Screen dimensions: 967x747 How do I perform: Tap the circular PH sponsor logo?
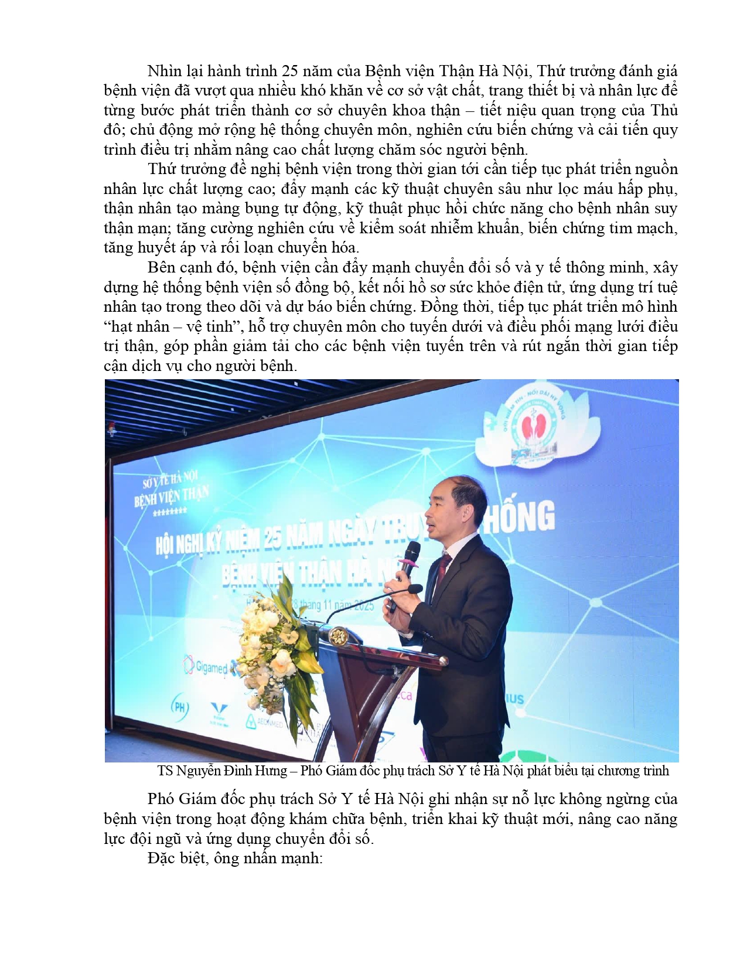(x=180, y=707)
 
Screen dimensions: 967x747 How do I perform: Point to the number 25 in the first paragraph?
(x=290, y=71)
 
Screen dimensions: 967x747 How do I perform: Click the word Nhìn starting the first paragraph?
(x=165, y=71)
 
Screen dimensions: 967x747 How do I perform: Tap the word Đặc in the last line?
(x=161, y=859)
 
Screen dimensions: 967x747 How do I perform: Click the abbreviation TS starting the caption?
(x=165, y=771)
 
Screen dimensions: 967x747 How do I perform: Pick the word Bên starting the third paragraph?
(x=161, y=268)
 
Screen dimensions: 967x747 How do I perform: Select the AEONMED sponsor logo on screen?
(x=264, y=723)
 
